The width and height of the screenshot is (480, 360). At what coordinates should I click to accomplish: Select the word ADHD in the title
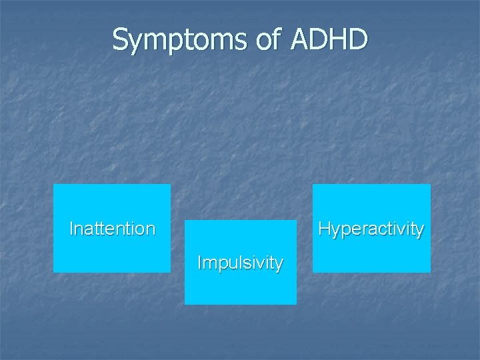click(x=329, y=40)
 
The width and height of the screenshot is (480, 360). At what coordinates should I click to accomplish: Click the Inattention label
click(x=112, y=229)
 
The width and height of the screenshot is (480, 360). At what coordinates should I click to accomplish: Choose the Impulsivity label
click(x=240, y=263)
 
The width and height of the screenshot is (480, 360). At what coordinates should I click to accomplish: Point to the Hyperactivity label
click(x=371, y=229)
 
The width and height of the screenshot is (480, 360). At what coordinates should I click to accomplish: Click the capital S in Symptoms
click(x=120, y=40)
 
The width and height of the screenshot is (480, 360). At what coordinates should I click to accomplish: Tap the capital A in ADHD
click(x=300, y=40)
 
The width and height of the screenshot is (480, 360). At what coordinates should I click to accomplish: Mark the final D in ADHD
click(x=357, y=40)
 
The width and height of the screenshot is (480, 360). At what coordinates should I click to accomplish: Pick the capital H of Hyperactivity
click(x=325, y=229)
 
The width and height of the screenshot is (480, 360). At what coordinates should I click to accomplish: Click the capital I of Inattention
click(x=72, y=229)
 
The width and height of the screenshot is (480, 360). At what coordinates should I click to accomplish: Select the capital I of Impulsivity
click(x=199, y=263)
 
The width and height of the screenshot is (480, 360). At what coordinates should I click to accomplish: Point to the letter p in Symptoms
click(x=171, y=43)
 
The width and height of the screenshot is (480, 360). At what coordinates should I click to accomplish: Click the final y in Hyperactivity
click(x=419, y=231)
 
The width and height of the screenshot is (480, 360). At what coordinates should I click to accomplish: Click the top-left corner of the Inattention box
click(x=53, y=185)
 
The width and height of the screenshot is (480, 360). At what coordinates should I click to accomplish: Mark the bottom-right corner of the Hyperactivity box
click(x=430, y=272)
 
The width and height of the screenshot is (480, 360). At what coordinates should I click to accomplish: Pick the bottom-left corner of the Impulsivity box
click(x=185, y=304)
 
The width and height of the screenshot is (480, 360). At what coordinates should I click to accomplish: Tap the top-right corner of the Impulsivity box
click(x=296, y=221)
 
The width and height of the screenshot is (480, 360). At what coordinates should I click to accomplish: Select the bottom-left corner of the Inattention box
click(x=53, y=272)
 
